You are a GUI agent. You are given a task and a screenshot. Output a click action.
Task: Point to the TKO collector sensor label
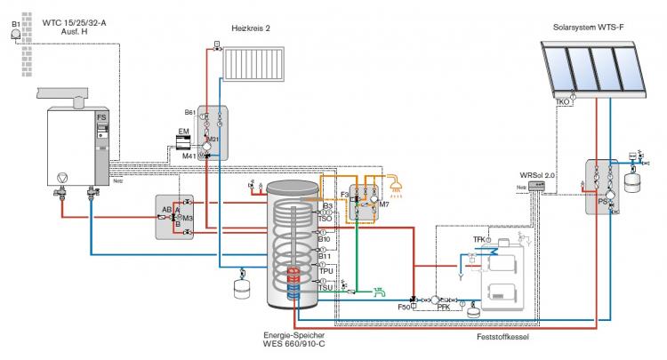pyautogui.click(x=562, y=102)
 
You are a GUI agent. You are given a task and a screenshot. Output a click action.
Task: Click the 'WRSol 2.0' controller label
pyautogui.click(x=538, y=176)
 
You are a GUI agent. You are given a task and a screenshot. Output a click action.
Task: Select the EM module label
pyautogui.click(x=183, y=132)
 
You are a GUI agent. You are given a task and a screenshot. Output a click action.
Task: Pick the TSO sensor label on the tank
pyautogui.click(x=325, y=219)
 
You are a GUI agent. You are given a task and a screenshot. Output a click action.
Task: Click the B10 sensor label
pyautogui.click(x=325, y=239)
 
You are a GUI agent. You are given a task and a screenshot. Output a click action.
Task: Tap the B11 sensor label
pyautogui.click(x=325, y=256)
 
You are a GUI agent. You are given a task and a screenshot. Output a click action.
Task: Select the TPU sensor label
pyautogui.click(x=325, y=270)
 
